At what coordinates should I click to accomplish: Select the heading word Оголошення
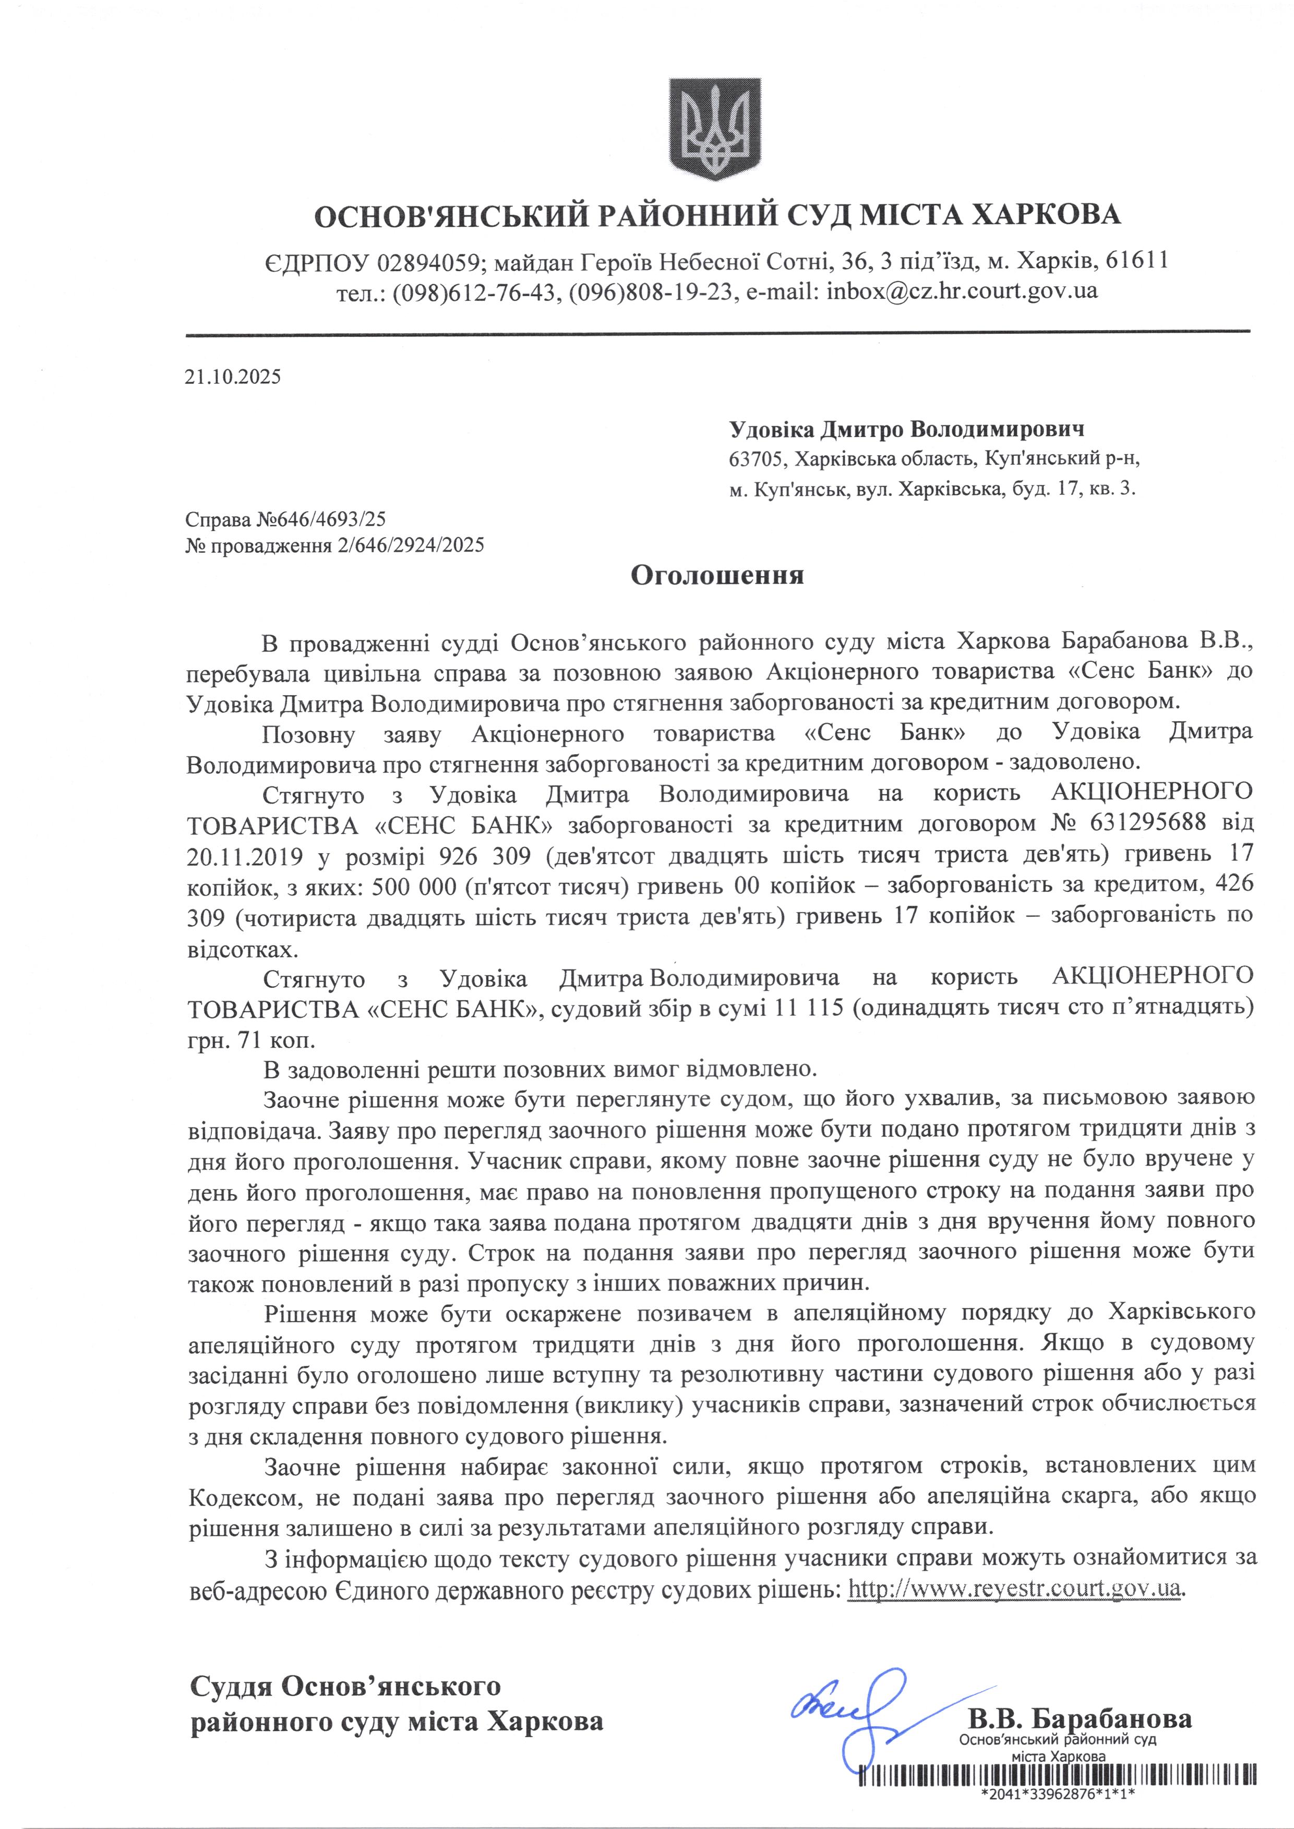[x=717, y=575]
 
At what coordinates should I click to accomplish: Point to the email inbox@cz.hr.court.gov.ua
[x=962, y=290]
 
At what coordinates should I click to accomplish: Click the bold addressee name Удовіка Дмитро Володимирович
[x=907, y=430]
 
